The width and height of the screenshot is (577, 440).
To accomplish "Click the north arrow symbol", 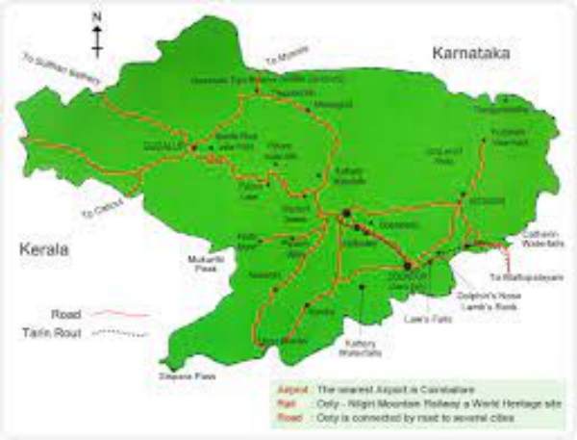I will click(97, 35).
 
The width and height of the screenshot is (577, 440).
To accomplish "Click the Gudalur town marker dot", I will click(193, 147).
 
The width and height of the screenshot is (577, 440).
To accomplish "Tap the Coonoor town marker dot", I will click(408, 264).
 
